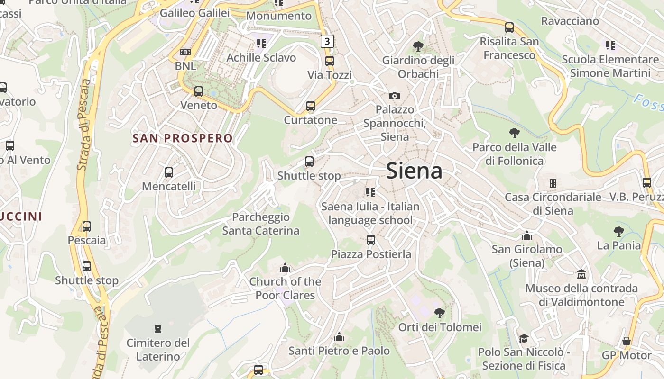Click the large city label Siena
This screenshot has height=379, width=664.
pos(414,171)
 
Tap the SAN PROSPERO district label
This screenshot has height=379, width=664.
pos(183,138)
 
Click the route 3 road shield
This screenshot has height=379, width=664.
pos(327,41)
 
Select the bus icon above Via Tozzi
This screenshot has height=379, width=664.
pos(329,61)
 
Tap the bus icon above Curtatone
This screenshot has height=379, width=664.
pos(311,106)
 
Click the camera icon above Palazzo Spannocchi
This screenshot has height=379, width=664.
pos(394,96)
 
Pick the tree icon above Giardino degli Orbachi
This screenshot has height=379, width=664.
pos(418,46)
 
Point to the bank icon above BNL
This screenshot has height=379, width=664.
pos(185,52)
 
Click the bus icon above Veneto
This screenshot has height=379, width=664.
pos(199,91)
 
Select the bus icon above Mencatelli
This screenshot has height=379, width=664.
pos(168,172)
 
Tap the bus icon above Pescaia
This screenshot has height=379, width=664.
pos(86,226)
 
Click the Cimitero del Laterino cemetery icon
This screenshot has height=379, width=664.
pos(157,328)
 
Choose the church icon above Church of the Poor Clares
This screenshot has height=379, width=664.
pos(285,268)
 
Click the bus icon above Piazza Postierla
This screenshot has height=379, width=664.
pos(371,240)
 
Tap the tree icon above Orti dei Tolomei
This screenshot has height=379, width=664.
pos(440,313)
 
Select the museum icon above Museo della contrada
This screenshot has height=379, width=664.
pos(581,274)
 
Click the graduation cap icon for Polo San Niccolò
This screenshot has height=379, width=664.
pos(524,338)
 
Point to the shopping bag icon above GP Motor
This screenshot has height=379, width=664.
pos(627,341)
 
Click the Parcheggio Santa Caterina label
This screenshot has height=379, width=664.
pos(261,224)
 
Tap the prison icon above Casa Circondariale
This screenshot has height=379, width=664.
pos(553,183)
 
